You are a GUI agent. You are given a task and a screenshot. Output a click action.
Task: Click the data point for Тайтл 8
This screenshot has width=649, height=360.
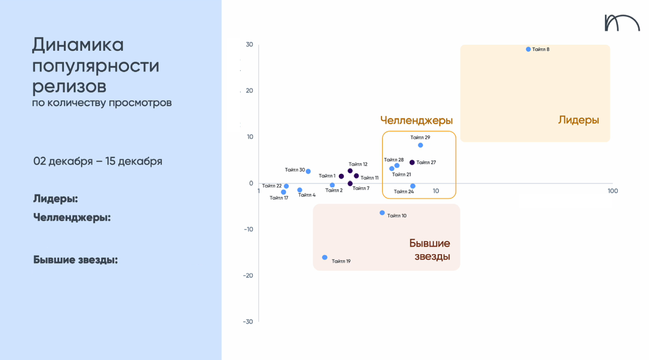point(528,49)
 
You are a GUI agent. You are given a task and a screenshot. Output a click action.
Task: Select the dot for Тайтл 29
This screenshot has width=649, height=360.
point(420,145)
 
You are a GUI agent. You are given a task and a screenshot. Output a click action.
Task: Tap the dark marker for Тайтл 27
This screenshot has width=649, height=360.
point(412,162)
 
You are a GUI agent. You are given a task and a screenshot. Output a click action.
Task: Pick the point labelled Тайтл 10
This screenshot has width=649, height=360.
point(382,213)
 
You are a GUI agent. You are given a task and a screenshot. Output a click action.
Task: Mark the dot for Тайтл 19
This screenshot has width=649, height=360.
point(324,258)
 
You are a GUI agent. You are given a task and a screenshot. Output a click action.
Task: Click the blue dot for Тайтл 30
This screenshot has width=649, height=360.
point(308,172)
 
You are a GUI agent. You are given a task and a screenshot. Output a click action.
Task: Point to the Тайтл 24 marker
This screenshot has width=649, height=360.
point(413,186)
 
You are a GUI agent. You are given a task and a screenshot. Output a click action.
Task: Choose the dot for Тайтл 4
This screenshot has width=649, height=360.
point(300,190)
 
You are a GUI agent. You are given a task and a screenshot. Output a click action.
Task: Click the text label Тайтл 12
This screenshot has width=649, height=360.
point(358,164)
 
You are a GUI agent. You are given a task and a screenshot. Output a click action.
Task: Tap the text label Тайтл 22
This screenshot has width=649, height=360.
point(272,186)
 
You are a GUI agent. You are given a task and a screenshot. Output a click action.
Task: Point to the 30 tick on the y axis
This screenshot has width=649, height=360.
point(249,44)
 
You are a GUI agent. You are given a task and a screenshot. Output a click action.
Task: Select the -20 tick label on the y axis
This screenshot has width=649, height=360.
point(248,276)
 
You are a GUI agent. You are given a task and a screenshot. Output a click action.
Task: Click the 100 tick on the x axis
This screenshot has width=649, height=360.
point(613,191)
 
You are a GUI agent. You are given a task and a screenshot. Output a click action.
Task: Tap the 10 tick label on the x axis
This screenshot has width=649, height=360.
point(436,191)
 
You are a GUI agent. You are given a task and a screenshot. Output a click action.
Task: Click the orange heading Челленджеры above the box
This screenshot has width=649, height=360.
point(416,120)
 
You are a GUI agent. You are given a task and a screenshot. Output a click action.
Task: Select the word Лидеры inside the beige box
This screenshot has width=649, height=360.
point(578,120)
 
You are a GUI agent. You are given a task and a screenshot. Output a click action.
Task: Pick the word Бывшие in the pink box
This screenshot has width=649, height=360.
point(429,243)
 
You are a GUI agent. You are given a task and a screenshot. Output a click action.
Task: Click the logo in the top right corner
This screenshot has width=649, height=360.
point(622,23)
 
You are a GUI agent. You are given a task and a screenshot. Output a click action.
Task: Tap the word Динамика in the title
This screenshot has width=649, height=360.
point(78,45)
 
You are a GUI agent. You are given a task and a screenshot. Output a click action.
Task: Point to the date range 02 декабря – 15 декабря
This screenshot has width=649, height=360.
point(98,161)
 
